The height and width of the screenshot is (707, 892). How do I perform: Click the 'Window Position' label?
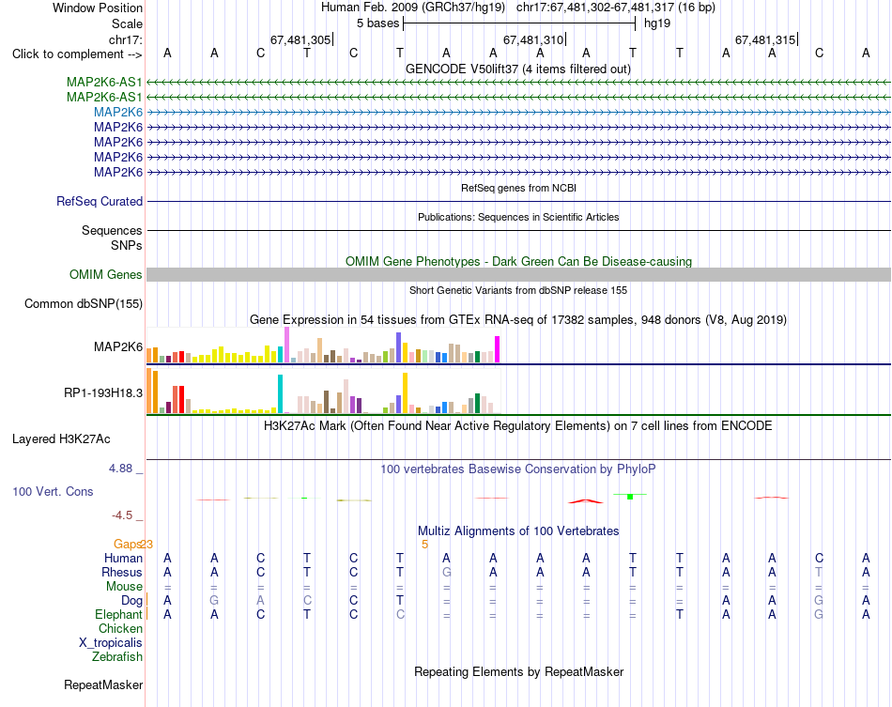(98, 8)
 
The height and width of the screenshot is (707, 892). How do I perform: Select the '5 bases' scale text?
(377, 23)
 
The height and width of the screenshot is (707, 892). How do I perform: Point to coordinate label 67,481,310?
(533, 39)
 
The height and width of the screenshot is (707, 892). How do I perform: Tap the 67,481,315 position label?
(765, 39)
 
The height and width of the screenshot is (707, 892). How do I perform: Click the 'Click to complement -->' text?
(77, 54)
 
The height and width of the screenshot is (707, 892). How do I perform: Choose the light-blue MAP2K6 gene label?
(118, 112)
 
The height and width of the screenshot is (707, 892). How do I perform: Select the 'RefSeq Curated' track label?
(100, 201)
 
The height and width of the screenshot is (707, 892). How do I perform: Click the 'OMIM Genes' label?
(106, 275)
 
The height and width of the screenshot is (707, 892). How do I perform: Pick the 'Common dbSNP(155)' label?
(83, 303)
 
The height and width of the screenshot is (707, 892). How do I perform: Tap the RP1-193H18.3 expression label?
(103, 393)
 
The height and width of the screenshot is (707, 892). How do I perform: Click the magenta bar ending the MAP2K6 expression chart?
(498, 349)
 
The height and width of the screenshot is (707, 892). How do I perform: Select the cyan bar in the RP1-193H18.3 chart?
(280, 393)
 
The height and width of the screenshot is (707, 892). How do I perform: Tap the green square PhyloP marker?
(630, 497)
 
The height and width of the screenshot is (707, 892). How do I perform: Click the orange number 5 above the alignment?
(424, 545)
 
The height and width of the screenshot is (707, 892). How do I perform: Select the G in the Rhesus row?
(447, 572)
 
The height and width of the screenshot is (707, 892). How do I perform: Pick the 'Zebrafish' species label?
(117, 657)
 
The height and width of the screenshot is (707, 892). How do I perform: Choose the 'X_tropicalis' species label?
(111, 643)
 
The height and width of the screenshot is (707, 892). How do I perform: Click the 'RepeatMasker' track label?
(103, 684)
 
